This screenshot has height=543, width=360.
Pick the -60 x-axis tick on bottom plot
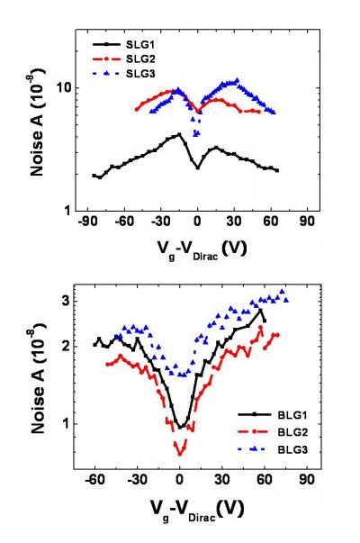pos(94,481)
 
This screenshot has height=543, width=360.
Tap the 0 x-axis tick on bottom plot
pos(180,481)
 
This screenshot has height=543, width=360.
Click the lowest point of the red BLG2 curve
pos(180,452)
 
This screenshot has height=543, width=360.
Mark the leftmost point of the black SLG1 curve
pos(94,176)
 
